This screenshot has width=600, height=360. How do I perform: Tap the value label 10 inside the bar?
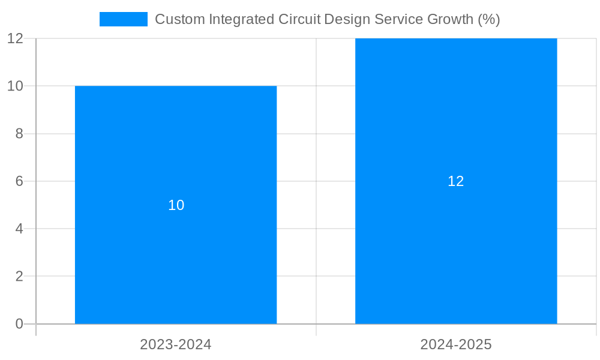[x=176, y=205]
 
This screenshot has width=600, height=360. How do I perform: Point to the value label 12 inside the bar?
[x=456, y=181]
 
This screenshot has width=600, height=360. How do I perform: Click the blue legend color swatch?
[x=123, y=19]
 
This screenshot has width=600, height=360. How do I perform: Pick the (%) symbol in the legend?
[x=489, y=19]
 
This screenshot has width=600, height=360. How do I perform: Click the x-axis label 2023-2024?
[x=176, y=344]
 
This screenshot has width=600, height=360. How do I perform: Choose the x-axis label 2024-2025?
[x=456, y=344]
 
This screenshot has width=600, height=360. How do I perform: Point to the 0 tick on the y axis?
[x=19, y=324]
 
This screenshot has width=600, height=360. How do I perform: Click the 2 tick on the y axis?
[x=19, y=277]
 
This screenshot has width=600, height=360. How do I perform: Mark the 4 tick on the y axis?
[x=19, y=229]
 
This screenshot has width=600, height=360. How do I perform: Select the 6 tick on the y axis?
[x=19, y=181]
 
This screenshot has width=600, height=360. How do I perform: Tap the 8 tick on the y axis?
[x=19, y=134]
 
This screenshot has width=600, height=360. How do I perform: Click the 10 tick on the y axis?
[x=16, y=86]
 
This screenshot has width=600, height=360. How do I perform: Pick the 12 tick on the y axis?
[x=16, y=38]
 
